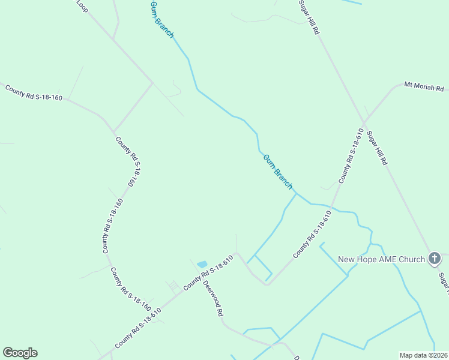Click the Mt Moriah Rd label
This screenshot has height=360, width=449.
pos(424,86)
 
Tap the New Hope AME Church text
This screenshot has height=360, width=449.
pos(382,259)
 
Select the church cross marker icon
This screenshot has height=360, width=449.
pos(435,259)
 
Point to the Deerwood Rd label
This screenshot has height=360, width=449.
pos(213,298)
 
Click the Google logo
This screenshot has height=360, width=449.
pos(20,353)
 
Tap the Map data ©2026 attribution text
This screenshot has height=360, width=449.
pos(423,355)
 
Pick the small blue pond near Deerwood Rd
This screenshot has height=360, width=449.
pos(202,264)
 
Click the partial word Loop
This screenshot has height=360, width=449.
pos(82,5)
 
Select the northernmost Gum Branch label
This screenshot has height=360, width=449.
pos(161,19)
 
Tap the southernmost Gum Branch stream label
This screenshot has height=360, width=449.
pos(278,171)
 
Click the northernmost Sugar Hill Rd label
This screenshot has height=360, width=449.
pos(309,17)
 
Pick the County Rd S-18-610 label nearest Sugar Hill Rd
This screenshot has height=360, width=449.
pos(351,155)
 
